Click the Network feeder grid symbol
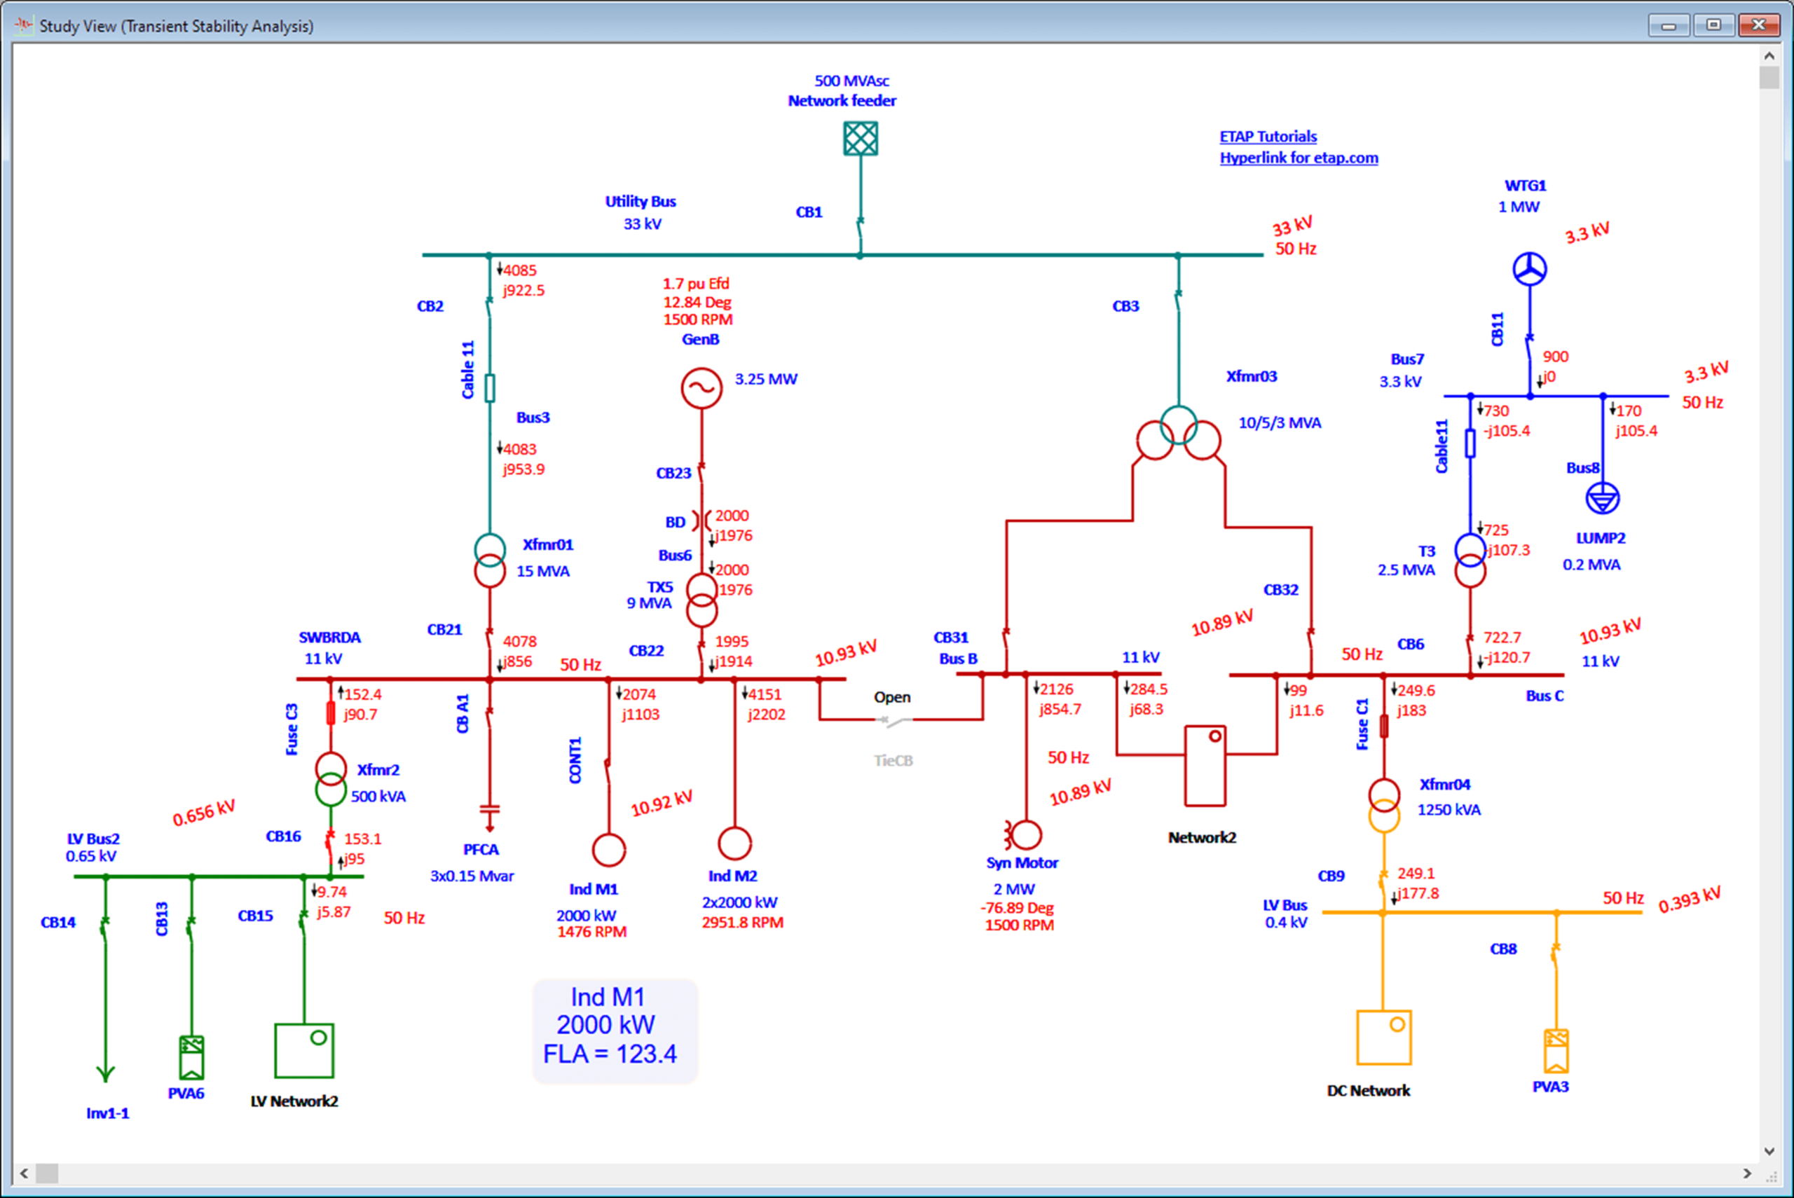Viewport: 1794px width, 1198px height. pyautogui.click(x=861, y=139)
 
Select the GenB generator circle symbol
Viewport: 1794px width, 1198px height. pyautogui.click(x=701, y=388)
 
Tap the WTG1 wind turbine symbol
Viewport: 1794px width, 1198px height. pyautogui.click(x=1530, y=269)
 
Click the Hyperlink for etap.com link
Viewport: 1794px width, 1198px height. pyautogui.click(x=1298, y=158)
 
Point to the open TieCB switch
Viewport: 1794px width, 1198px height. pyautogui.click(x=893, y=720)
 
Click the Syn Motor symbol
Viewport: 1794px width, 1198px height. pyautogui.click(x=1025, y=835)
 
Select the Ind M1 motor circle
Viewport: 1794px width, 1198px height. pyautogui.click(x=609, y=850)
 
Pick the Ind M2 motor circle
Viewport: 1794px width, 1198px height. pyautogui.click(x=734, y=844)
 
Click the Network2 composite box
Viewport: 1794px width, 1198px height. pyautogui.click(x=1205, y=766)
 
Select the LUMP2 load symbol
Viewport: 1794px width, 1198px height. pyautogui.click(x=1602, y=499)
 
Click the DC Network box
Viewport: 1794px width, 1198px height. pyautogui.click(x=1384, y=1038)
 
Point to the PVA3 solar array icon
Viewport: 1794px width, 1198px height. pyautogui.click(x=1556, y=1051)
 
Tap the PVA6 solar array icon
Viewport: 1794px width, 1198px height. pyautogui.click(x=191, y=1056)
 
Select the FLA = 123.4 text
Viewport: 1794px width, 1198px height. pyautogui.click(x=610, y=1054)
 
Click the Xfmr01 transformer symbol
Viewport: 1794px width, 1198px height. pyautogui.click(x=490, y=560)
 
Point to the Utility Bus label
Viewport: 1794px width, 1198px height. pyautogui.click(x=641, y=202)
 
